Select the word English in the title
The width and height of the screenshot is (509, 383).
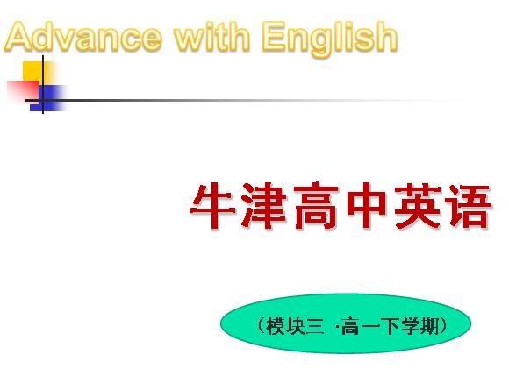pyautogui.click(x=330, y=39)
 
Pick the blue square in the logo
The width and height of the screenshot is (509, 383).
pyautogui.click(x=49, y=98)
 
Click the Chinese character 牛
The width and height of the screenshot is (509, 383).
pyautogui.click(x=213, y=206)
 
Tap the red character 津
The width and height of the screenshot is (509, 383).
pyautogui.click(x=263, y=206)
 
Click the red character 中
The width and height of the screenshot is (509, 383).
pyautogui.click(x=366, y=206)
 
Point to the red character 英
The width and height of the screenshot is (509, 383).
pyautogui.click(x=418, y=206)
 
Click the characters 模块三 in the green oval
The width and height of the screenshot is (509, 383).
pyautogui.click(x=295, y=326)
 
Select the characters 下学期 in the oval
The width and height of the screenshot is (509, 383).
pyautogui.click(x=410, y=326)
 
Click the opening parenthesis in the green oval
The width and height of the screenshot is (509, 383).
pyautogui.click(x=262, y=326)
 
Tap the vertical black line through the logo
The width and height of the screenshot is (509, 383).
pyautogui.click(x=43, y=85)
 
